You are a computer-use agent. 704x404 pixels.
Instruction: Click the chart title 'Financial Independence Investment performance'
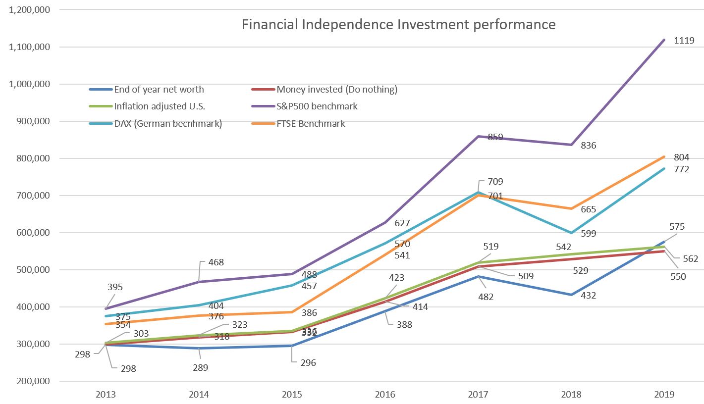click(398, 25)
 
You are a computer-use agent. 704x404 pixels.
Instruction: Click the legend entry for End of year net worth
click(159, 90)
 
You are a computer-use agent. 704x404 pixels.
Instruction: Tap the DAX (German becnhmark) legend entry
click(168, 124)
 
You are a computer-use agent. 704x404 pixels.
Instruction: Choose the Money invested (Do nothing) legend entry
click(337, 90)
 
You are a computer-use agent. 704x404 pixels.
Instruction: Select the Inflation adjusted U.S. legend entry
click(159, 106)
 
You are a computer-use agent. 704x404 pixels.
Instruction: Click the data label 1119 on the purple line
click(684, 41)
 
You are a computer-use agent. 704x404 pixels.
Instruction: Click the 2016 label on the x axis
click(385, 395)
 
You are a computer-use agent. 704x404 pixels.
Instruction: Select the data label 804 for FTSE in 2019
click(681, 157)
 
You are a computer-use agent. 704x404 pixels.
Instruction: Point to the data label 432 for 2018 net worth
click(588, 296)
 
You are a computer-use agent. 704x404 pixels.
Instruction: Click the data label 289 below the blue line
click(200, 368)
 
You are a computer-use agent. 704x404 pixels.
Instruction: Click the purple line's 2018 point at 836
click(571, 145)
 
